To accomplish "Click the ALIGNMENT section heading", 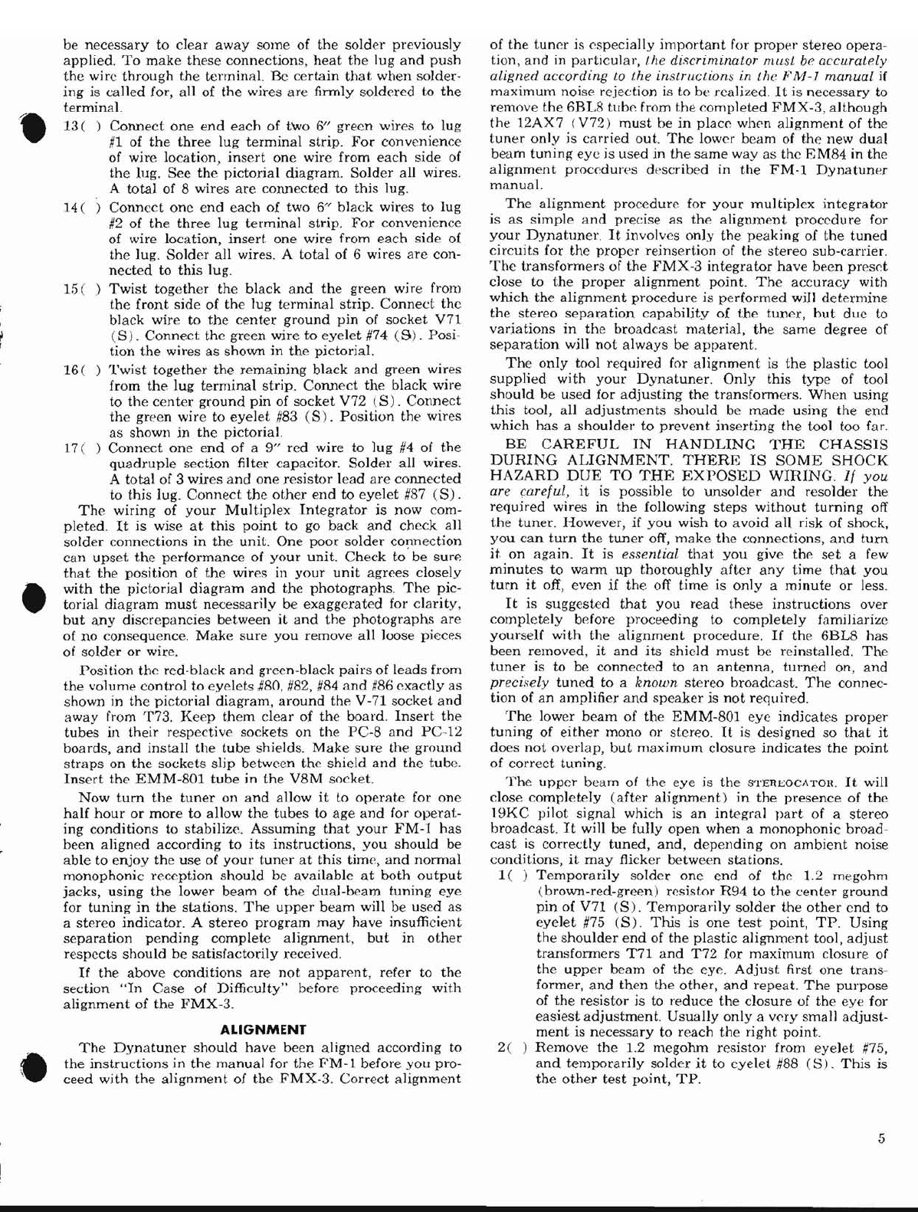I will click(x=263, y=1030).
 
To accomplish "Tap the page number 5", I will click(x=882, y=1138).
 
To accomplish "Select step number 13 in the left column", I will click(x=70, y=126).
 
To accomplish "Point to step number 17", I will click(x=70, y=447).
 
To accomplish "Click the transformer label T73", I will click(x=159, y=717).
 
